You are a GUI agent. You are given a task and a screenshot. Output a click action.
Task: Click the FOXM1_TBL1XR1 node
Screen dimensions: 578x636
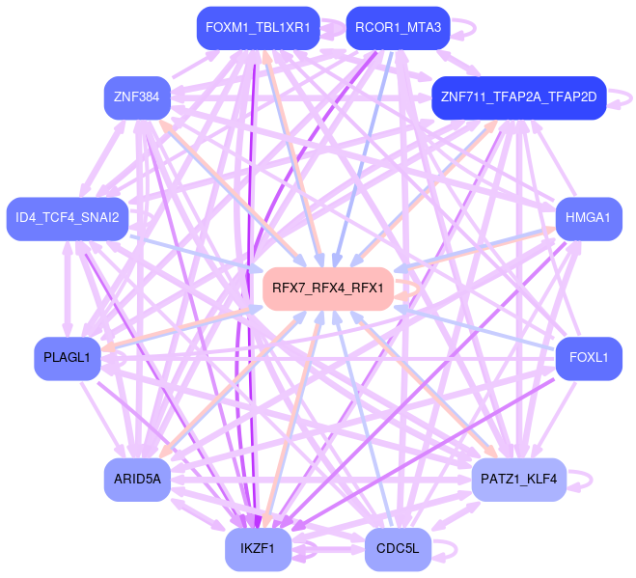coord(258,28)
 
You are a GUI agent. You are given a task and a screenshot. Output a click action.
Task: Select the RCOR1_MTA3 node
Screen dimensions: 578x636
coord(398,28)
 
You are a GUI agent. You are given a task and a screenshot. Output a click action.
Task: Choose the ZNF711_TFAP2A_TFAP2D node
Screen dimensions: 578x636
coord(518,97)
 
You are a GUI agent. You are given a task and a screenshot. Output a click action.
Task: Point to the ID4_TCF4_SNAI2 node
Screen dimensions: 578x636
coord(67,218)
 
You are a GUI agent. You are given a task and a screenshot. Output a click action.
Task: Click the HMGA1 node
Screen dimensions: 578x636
coord(588,218)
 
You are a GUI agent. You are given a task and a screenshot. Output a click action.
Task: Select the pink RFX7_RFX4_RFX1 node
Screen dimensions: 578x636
coord(328,288)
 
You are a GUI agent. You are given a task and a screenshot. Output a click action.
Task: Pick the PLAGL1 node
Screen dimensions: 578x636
coord(67,358)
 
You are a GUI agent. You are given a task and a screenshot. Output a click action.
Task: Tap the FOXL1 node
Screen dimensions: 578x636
coord(588,358)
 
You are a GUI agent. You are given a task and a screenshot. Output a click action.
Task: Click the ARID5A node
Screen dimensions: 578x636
coord(137,479)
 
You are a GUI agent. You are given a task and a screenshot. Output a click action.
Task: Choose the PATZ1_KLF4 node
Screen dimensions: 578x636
coord(518,479)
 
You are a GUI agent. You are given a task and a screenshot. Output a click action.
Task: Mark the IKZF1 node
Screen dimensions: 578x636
coord(258,549)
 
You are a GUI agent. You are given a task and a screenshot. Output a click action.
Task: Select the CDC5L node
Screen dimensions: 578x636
coord(398,549)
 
